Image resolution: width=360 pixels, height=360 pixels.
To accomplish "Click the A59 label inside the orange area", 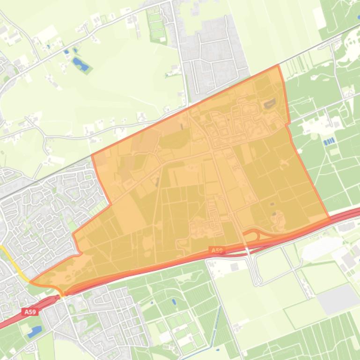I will click(x=217, y=251).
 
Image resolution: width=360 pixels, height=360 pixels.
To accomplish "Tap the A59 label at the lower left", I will click(x=29, y=312).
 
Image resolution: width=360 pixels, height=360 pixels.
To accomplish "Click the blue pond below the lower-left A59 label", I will click(x=34, y=332).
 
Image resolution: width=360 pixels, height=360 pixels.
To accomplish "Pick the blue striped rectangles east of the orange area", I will click(x=330, y=141).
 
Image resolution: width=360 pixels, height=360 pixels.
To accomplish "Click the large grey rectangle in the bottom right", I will click(x=338, y=298).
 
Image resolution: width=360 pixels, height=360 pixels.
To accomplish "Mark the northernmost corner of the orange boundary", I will click(x=278, y=65).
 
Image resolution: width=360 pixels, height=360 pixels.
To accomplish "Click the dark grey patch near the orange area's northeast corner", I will click(x=270, y=104).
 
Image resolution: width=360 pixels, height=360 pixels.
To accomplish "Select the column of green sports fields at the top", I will click(x=156, y=26).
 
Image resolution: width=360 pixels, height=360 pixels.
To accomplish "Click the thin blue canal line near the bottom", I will click(x=216, y=327).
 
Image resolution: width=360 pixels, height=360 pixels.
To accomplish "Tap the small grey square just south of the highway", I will click(x=234, y=266).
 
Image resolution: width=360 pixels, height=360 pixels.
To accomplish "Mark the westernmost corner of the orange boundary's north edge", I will click(x=92, y=155).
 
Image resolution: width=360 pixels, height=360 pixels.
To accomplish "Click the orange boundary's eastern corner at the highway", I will click(x=329, y=218).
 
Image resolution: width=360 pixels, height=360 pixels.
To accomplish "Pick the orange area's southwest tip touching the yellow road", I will click(x=32, y=282).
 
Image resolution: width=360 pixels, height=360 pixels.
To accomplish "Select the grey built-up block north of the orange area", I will click(x=215, y=56).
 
